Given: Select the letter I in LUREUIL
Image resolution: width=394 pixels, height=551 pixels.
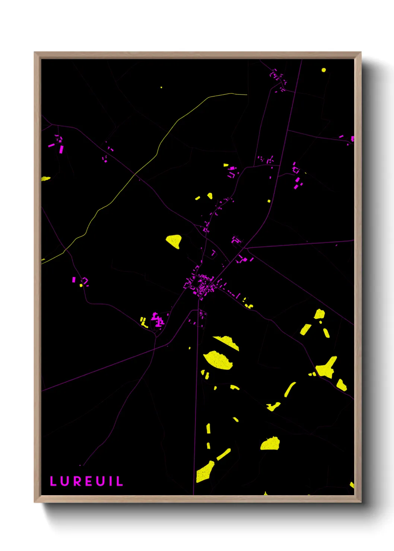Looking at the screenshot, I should [x=111, y=481].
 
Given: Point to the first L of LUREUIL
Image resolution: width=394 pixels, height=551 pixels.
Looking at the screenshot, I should [x=53, y=481].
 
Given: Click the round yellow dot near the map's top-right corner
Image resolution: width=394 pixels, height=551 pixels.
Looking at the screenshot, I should [x=324, y=70].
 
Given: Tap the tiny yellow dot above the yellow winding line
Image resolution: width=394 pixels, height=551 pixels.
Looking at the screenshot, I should [x=161, y=87].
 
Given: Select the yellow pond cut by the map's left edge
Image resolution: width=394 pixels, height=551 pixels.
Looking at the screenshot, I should [x=45, y=179].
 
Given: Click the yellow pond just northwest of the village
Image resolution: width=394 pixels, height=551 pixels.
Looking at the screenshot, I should [x=174, y=241].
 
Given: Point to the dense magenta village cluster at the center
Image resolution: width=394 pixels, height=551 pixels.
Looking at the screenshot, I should [x=201, y=285].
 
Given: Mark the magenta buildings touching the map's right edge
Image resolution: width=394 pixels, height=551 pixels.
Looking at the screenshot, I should [x=352, y=139].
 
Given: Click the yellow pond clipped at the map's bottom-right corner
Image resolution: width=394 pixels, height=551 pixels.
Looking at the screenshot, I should [x=352, y=485].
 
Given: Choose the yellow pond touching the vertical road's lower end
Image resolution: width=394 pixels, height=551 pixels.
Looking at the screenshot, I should [x=205, y=472].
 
